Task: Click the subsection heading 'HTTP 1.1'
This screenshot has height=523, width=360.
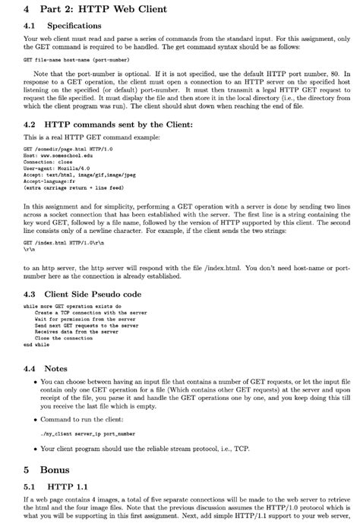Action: [x=67, y=486]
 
